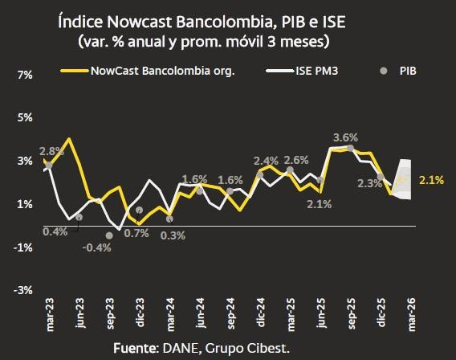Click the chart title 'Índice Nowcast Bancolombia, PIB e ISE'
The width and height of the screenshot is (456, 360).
point(228,18)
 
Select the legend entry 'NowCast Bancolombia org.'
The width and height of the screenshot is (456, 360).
point(161,71)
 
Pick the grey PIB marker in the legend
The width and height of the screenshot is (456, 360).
point(384,71)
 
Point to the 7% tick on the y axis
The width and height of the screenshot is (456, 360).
point(24,75)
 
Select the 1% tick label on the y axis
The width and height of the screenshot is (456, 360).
point(24,204)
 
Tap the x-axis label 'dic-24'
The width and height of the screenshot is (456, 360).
point(261,313)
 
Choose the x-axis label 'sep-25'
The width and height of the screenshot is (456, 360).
point(351,313)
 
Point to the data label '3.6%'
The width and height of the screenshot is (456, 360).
point(345,137)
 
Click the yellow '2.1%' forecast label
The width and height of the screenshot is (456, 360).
point(431,180)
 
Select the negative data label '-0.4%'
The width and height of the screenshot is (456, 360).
point(98,247)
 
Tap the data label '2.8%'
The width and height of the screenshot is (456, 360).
point(51,151)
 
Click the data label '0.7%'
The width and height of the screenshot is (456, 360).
point(136,233)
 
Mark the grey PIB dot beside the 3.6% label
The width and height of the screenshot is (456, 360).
point(350,149)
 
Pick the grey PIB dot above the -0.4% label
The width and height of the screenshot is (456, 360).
point(109,235)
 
